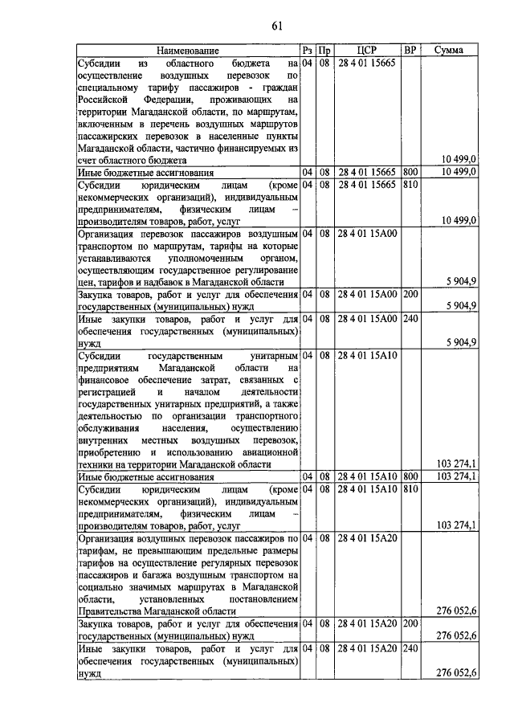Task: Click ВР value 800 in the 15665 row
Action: pyautogui.click(x=410, y=172)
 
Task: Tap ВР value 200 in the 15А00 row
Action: pyautogui.click(x=410, y=294)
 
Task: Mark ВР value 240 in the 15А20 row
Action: pyautogui.click(x=410, y=647)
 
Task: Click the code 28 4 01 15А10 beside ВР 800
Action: pyautogui.click(x=367, y=477)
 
